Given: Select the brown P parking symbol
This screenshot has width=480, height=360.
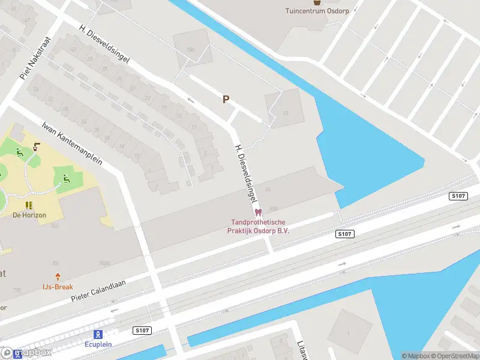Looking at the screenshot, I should point(226,100).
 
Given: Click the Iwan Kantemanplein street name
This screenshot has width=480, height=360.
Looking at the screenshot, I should point(72,144).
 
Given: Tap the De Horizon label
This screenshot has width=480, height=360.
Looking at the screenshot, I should point(29,215).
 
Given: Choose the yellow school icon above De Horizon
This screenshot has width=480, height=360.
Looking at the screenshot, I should point(29,205).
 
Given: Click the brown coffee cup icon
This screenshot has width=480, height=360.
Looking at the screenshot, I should point(38,146).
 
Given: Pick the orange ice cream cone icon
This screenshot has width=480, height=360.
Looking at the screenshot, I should point(58,277).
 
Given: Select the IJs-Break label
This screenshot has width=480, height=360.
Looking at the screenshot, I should point(58,287).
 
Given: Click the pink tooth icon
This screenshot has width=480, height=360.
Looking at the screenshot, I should point(259,212).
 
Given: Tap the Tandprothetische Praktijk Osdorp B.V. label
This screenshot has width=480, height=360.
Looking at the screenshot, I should point(259,226).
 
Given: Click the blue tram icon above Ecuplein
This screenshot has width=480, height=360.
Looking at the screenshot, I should point(97,334).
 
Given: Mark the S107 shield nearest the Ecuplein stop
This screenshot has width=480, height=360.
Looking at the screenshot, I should point(142,330).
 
